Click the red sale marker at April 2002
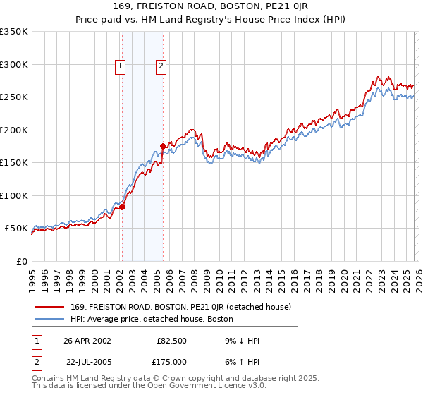tap(122, 207)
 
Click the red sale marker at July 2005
tap(163, 146)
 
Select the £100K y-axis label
tap(14, 195)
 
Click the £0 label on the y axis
tap(20, 261)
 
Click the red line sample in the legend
tap(50, 306)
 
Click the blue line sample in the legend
tap(50, 318)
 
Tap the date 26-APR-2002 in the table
tap(87, 340)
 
